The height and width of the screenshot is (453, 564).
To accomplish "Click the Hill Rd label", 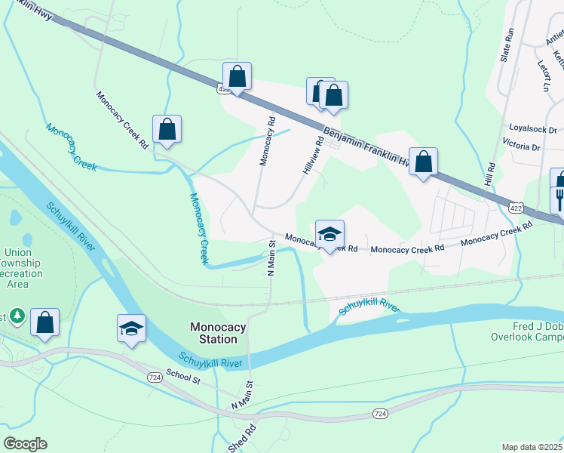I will tap(489, 177).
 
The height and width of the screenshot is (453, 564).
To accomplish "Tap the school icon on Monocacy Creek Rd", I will tap(330, 234).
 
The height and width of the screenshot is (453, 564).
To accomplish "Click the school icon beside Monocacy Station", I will tap(131, 328).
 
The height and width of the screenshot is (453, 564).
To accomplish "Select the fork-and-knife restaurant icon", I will tap(560, 199).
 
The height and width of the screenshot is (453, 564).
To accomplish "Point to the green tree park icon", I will tap(18, 316).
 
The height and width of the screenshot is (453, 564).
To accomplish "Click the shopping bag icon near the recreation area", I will tap(45, 322).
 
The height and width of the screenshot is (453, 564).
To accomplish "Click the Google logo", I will tap(25, 444).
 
